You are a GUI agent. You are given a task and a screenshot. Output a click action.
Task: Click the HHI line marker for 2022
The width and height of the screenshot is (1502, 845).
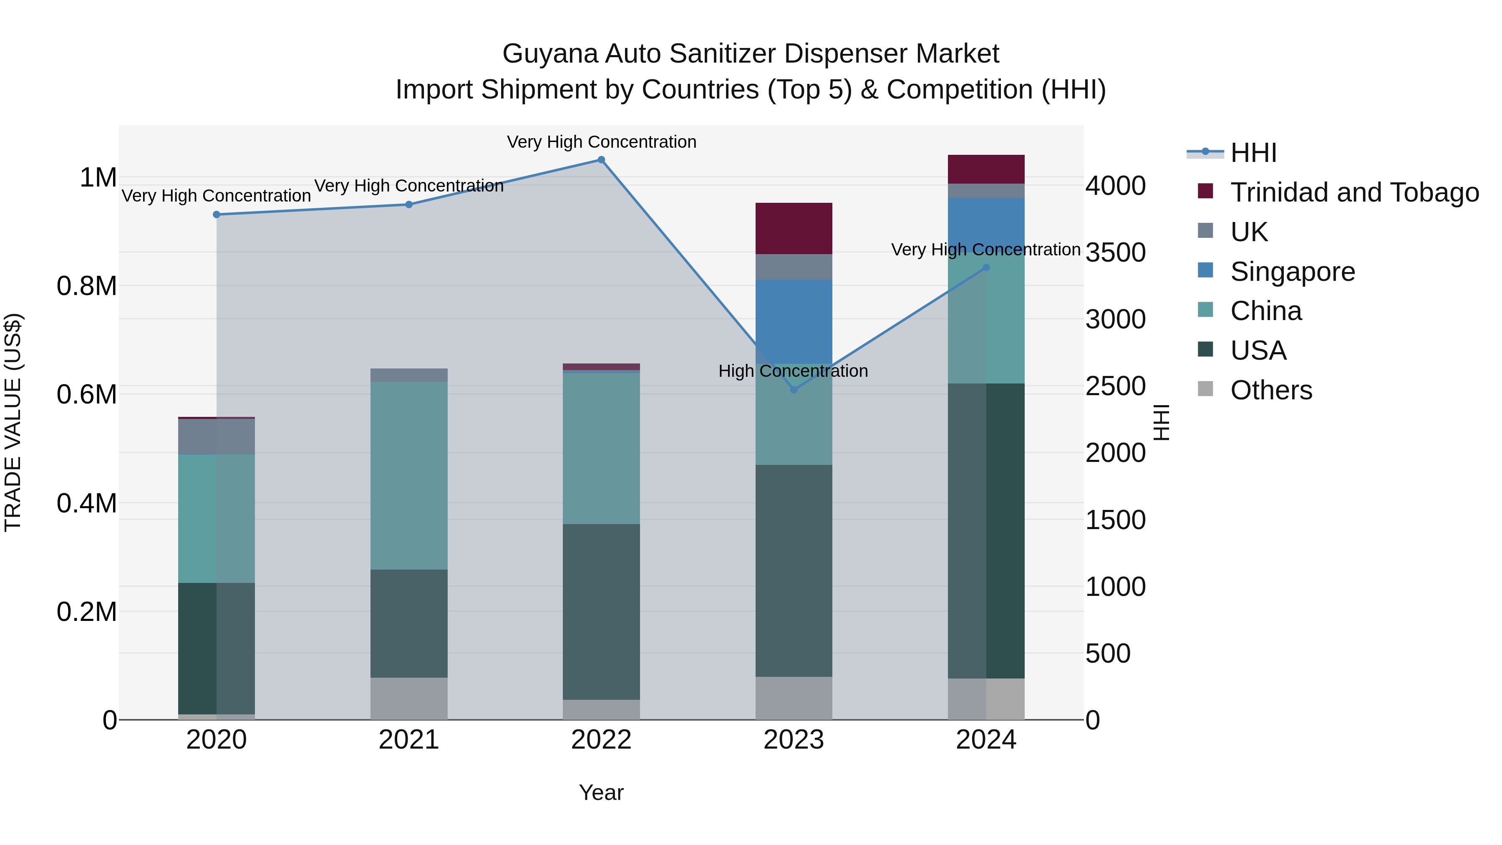tap(601, 160)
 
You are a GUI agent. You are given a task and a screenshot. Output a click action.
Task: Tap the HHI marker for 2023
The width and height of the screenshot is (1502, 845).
tap(794, 390)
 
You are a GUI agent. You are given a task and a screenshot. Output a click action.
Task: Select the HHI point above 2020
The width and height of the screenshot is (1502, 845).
tap(216, 214)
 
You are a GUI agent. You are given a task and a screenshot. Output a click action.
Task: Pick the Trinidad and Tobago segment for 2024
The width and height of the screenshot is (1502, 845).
tap(986, 169)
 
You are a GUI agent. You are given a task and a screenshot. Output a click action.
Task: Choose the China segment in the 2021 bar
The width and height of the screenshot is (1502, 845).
tap(409, 475)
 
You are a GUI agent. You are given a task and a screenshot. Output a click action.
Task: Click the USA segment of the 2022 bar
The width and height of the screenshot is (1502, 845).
tap(601, 611)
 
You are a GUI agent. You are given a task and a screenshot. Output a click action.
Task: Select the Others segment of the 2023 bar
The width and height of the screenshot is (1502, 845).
tap(794, 698)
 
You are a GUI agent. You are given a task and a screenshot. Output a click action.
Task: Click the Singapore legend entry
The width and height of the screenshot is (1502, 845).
tap(1293, 272)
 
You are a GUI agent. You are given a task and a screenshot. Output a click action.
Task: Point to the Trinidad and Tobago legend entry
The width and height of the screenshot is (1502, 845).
tap(1354, 192)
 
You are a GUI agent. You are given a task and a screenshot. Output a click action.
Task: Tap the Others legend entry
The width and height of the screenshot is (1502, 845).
tap(1271, 390)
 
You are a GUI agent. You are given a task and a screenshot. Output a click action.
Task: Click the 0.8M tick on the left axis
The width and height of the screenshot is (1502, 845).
tap(87, 286)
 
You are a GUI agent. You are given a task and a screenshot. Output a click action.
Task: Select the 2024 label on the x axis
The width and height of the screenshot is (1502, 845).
tap(986, 740)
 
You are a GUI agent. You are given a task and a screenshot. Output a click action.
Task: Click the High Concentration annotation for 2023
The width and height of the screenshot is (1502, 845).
tap(793, 371)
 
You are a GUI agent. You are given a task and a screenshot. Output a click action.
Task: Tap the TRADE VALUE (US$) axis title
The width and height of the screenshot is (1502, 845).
tap(13, 422)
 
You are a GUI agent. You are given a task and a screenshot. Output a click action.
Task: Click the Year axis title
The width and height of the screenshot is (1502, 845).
tap(601, 792)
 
